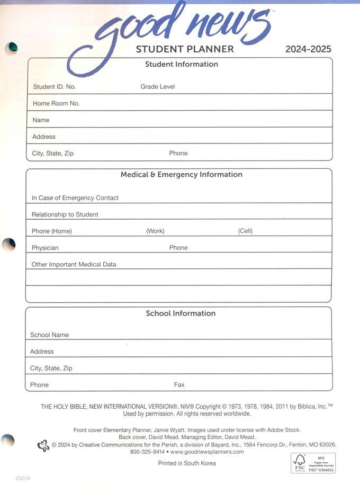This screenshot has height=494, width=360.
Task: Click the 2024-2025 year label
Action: pyautogui.click(x=308, y=49)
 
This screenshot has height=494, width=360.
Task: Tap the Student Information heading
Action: pyautogui.click(x=182, y=64)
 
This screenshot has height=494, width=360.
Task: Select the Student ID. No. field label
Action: pyautogui.click(x=54, y=87)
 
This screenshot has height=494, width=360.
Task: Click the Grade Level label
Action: pyautogui.click(x=157, y=86)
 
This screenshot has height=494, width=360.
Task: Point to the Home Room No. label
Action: pyautogui.click(x=56, y=103)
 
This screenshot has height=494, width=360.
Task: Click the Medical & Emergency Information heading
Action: pyautogui.click(x=182, y=174)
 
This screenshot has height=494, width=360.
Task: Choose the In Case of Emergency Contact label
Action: pyautogui.click(x=75, y=197)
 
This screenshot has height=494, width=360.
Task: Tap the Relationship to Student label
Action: pyautogui.click(x=65, y=214)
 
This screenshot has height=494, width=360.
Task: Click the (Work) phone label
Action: pyautogui.click(x=155, y=231)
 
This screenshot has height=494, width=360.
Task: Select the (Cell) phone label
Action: pyautogui.click(x=245, y=231)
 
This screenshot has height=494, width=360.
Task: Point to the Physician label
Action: pyautogui.click(x=45, y=248)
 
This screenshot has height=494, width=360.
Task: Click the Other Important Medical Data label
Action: pyautogui.click(x=74, y=264)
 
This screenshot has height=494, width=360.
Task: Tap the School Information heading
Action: pyautogui.click(x=181, y=313)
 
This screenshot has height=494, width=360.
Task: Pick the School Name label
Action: pyautogui.click(x=49, y=335)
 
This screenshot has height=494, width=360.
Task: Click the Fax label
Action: pyautogui.click(x=179, y=385)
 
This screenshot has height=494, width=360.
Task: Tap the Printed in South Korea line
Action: pyautogui.click(x=187, y=463)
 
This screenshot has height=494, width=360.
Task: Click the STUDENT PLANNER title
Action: pyautogui.click(x=185, y=49)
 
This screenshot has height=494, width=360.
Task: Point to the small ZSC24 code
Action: pyautogui.click(x=22, y=478)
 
